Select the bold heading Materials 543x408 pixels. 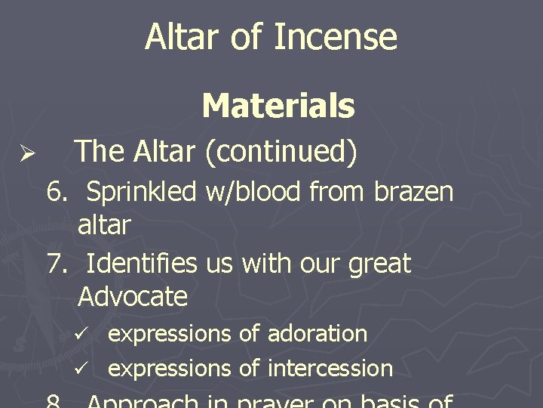pos(278,107)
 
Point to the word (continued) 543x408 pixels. pos(281,153)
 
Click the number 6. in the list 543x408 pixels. pos(57,193)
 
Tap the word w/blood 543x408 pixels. pos(256,193)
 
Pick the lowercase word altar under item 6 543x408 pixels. pos(104,224)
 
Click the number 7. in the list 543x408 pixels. pos(57,264)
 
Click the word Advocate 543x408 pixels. pos(132,296)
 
